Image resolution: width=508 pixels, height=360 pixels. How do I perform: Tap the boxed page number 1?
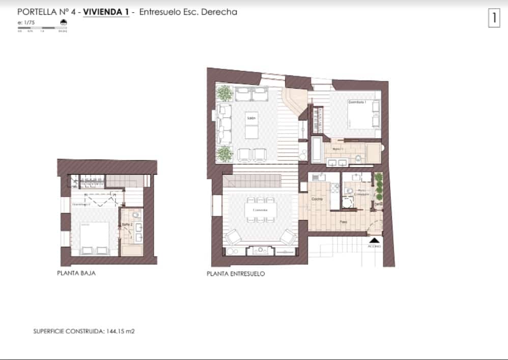coord(493,18)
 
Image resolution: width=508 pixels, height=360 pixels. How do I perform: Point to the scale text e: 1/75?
coord(25,22)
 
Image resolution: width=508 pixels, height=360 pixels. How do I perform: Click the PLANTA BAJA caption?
coord(76,273)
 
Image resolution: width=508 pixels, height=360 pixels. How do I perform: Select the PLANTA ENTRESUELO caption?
coord(236,273)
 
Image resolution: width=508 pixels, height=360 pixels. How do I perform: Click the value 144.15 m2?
coord(120,331)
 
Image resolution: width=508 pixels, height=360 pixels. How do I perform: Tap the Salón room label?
coord(250,118)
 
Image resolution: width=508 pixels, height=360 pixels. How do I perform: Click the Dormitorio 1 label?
coord(357,102)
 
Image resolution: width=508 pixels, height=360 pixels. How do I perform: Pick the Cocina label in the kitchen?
coord(317,199)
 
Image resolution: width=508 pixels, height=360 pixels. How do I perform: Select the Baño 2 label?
coord(126,225)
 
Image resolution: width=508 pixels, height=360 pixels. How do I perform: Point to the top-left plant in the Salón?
coord(223,93)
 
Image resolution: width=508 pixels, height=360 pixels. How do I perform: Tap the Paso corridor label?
coord(344,222)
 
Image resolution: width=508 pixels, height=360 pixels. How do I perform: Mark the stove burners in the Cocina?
coord(335,188)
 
